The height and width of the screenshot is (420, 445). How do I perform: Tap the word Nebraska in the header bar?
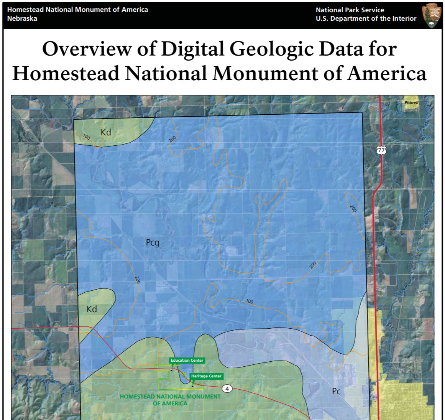[x=22, y=18]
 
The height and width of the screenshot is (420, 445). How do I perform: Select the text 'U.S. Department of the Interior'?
[x=366, y=18]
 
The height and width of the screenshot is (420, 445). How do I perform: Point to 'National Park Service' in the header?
[x=350, y=10]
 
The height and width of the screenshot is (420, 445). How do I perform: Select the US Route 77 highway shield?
[x=381, y=150]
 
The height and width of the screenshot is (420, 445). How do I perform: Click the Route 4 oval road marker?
[x=227, y=389]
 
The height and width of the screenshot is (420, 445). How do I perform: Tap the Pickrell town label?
[x=411, y=102]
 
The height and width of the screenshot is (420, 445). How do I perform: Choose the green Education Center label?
[x=187, y=360]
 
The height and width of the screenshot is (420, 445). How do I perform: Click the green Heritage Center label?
[x=206, y=376]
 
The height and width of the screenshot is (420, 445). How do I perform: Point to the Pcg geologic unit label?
[x=153, y=242]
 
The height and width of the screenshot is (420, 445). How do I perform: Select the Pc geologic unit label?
[x=336, y=391]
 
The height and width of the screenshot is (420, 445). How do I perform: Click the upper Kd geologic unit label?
[x=106, y=132]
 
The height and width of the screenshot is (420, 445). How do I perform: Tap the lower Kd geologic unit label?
[x=92, y=309]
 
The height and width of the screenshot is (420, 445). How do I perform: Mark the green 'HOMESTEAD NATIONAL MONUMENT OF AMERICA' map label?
[x=170, y=400]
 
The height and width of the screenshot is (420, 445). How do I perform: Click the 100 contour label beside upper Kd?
[x=86, y=137]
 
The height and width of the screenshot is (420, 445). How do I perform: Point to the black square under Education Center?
[x=172, y=370]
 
